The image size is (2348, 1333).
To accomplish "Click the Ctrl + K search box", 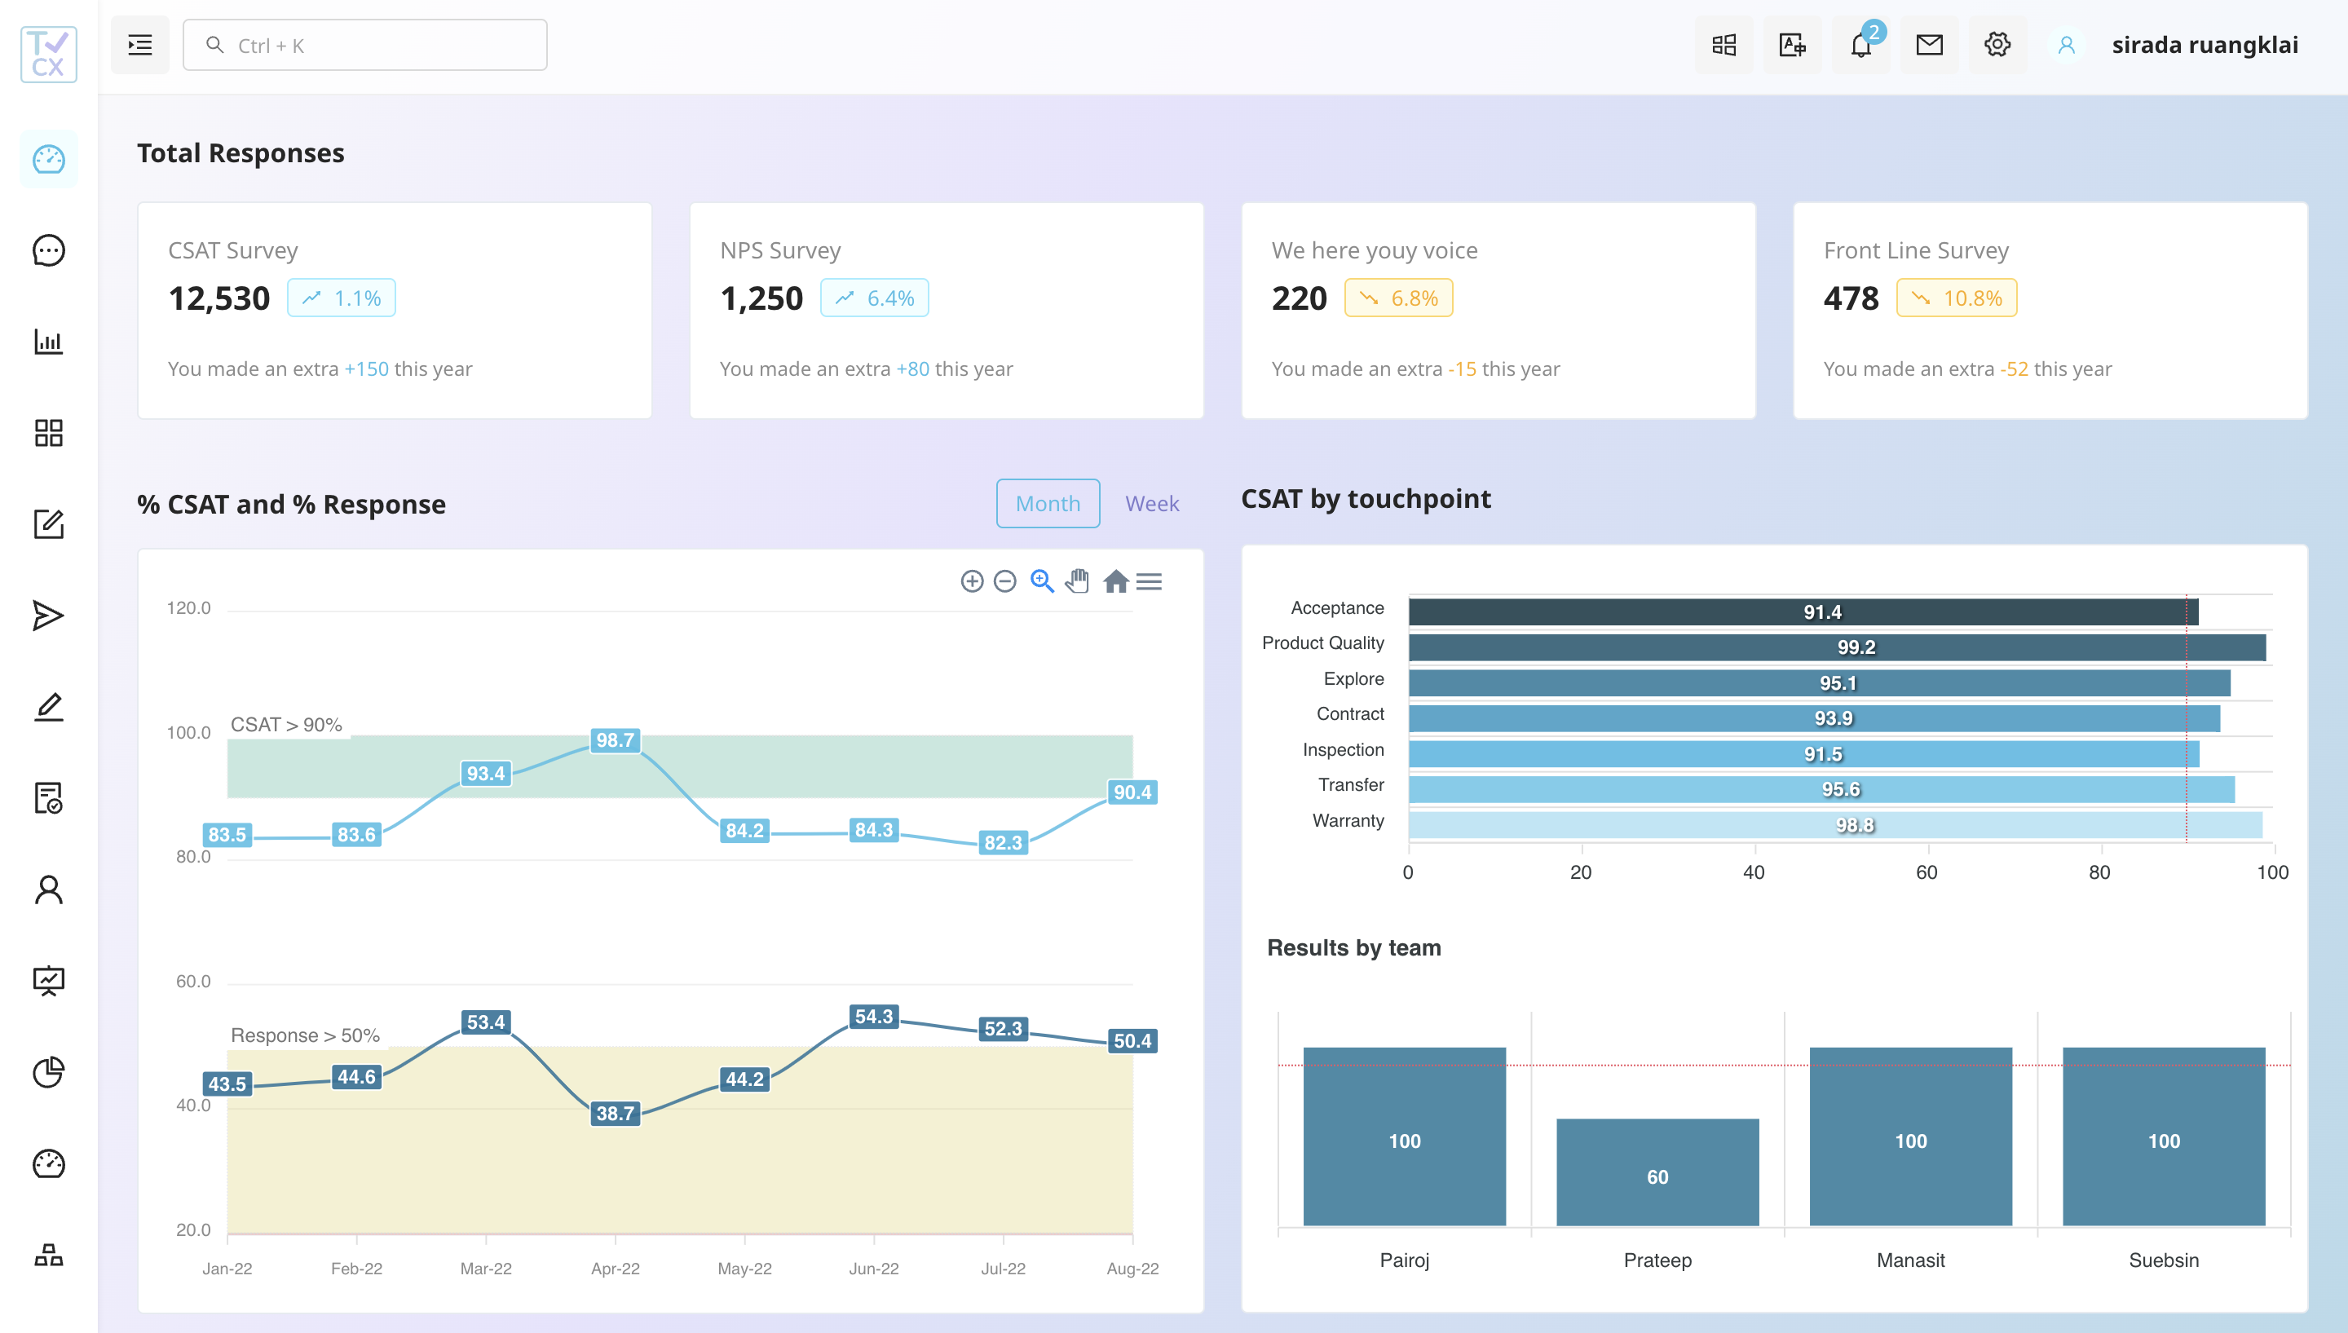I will [365, 45].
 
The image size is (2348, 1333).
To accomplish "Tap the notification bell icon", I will [1860, 45].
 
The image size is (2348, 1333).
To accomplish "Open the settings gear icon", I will [1997, 45].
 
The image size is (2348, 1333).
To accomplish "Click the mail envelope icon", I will [1929, 45].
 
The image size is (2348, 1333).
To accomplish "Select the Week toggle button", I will [1151, 504].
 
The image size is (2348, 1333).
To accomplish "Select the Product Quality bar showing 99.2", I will [1836, 647].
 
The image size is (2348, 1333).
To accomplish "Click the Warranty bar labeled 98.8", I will [1834, 825].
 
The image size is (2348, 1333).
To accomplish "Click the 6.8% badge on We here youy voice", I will [1398, 298].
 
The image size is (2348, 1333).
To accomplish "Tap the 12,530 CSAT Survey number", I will [218, 298].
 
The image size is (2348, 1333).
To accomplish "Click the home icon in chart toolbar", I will [1115, 581].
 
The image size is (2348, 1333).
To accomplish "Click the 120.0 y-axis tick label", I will [188, 608].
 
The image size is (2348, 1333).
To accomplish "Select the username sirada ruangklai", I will [2205, 45].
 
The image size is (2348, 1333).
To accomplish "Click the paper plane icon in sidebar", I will [49, 616].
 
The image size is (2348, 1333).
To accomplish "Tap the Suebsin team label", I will [2163, 1260].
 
